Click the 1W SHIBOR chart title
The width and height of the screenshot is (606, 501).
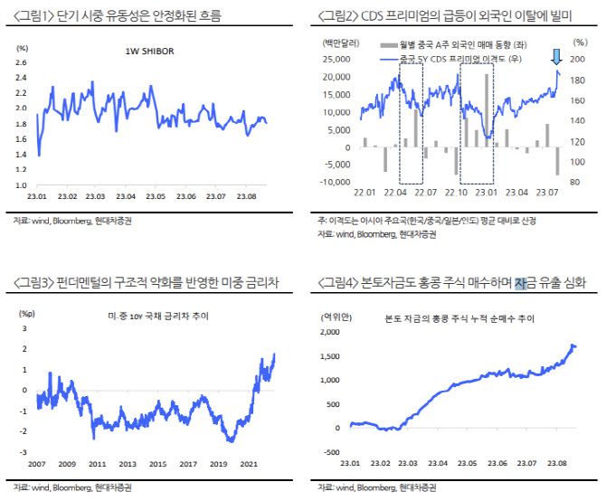click(149, 52)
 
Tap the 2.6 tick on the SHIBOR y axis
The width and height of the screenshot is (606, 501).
click(21, 62)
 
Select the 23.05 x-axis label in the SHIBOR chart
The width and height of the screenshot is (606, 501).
click(156, 194)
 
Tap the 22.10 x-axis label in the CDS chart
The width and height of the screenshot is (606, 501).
click(459, 193)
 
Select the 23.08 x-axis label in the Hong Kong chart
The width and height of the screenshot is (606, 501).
click(561, 463)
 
